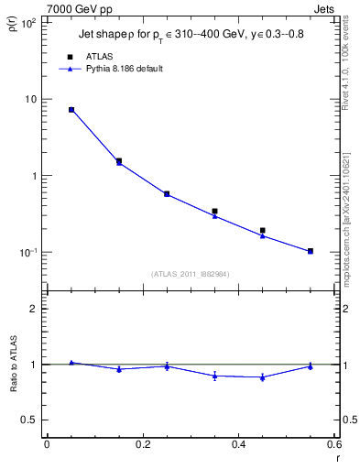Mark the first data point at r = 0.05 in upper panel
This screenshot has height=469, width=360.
point(71,110)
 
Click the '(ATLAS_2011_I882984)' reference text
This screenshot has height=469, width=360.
point(191,273)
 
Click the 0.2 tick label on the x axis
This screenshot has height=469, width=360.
point(142,445)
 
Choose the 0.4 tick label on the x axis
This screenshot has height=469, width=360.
point(238,445)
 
